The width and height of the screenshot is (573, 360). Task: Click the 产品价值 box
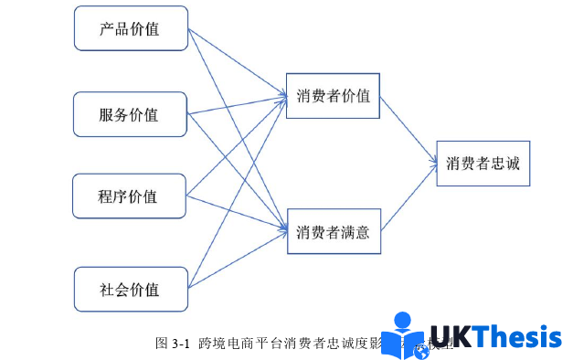coord(130,28)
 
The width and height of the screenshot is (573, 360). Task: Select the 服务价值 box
coord(130,115)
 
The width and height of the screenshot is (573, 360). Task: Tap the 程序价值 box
coord(130,196)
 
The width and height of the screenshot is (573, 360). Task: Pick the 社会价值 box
coord(130,290)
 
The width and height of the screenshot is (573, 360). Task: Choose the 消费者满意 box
coord(333,232)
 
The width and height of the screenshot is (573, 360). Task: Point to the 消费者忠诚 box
coord(483,164)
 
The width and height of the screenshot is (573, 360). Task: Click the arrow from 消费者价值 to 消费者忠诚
coord(407,128)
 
